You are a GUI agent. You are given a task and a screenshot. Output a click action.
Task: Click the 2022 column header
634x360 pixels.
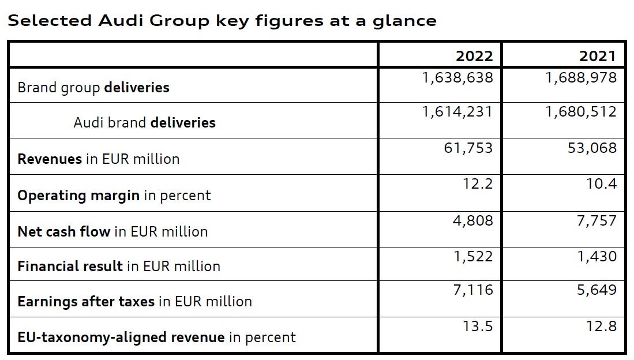click(x=474, y=56)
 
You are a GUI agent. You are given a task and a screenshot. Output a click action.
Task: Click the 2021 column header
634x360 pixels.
click(x=597, y=56)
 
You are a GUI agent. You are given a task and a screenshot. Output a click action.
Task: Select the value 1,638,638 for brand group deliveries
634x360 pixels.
click(x=457, y=77)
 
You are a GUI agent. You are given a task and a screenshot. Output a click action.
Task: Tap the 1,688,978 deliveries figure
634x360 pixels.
click(x=581, y=77)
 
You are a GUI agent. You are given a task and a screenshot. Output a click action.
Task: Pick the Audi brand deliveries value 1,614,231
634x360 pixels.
click(x=457, y=111)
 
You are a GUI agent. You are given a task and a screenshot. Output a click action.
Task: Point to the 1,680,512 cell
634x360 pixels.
click(x=581, y=111)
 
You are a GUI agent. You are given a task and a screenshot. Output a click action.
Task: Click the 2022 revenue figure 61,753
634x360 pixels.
click(x=468, y=148)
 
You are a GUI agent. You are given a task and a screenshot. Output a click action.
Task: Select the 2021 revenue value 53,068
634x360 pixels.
click(x=592, y=148)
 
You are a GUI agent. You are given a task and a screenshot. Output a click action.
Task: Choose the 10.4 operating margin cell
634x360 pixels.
click(x=602, y=184)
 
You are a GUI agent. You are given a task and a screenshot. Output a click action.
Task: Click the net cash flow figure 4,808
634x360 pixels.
click(x=474, y=220)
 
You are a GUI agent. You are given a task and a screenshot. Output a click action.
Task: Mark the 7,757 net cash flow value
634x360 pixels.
click(x=597, y=220)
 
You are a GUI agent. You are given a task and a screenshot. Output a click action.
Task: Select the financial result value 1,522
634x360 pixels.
click(x=474, y=256)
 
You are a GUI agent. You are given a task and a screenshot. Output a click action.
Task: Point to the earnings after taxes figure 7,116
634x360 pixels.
click(x=474, y=290)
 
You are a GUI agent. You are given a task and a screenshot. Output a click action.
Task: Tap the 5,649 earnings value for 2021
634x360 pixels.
click(x=597, y=290)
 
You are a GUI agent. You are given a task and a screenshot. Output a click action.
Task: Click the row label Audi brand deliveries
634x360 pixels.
click(x=144, y=123)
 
